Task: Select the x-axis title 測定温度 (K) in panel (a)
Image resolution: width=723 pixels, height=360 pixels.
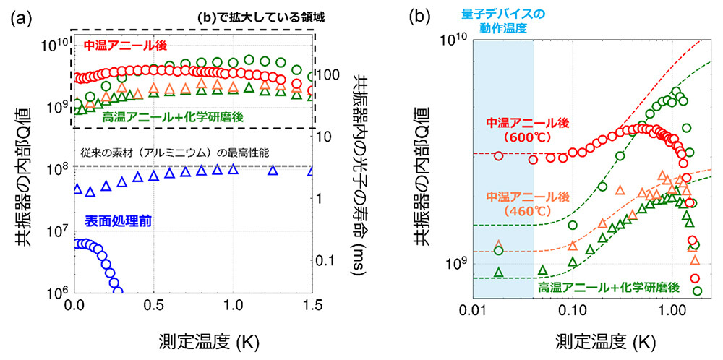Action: pos(193,339)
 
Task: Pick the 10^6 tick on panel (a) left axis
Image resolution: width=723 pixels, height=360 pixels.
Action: pos(55,293)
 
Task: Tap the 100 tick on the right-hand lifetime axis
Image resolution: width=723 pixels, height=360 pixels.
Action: pos(331,74)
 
